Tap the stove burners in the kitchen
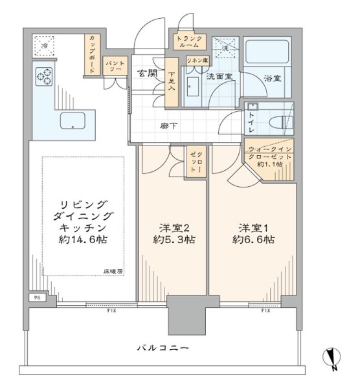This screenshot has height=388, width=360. pos(44,77)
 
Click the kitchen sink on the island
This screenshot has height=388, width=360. pos(74,120)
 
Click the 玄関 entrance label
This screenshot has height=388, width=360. pos(146,72)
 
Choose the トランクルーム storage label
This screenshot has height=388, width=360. pos(190,42)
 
